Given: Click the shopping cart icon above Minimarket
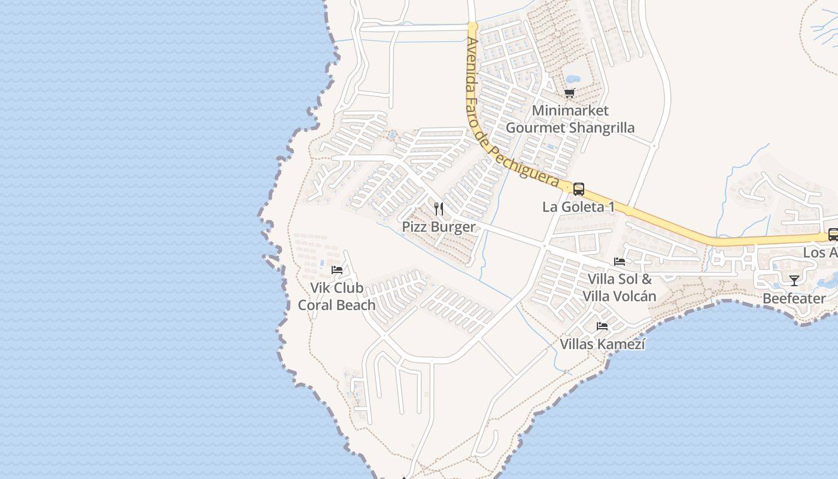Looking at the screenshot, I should [x=569, y=93].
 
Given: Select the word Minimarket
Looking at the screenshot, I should [x=570, y=110].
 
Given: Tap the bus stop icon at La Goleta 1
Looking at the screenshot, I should [x=579, y=189].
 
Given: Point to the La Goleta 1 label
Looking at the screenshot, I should [x=578, y=207].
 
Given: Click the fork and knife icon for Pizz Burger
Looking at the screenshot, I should [x=439, y=209].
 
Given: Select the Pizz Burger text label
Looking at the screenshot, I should [x=439, y=226].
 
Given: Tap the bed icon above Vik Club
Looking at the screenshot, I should [x=337, y=270].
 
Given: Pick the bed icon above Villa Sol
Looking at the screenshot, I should [x=620, y=262].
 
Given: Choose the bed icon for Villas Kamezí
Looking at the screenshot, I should [x=602, y=326].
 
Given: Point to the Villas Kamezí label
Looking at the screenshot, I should [x=602, y=344].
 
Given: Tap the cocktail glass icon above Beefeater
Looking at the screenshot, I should [x=794, y=280].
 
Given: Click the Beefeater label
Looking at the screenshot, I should [x=794, y=298].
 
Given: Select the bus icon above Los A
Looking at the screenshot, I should [x=833, y=234].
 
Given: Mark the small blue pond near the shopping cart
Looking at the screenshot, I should [x=573, y=78].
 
